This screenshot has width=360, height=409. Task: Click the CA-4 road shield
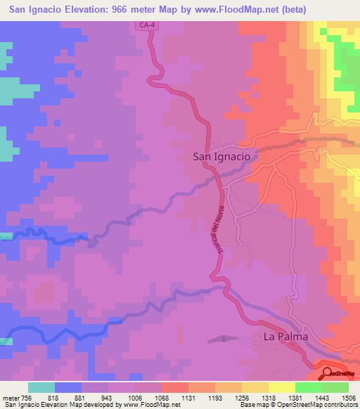coord(146,26)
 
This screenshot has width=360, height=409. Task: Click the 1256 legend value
coord(229,396)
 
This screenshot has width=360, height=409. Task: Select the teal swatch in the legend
coord(41,387)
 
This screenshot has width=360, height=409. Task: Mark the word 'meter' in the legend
coord(10,396)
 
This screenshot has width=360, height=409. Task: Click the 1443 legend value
coord(309,396)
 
